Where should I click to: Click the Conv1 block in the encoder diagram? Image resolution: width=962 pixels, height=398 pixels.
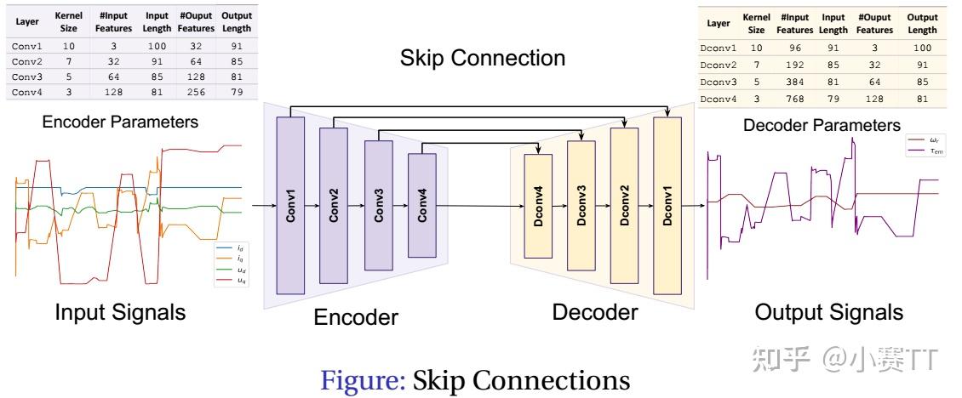pyautogui.click(x=291, y=205)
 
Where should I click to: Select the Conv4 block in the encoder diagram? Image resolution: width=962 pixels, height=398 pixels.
pyautogui.click(x=421, y=205)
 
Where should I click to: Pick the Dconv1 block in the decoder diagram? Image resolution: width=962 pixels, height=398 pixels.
pyautogui.click(x=667, y=205)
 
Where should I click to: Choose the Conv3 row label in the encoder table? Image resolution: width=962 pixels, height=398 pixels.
pyautogui.click(x=26, y=77)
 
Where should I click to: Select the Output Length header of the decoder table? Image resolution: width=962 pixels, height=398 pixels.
pyautogui.click(x=922, y=24)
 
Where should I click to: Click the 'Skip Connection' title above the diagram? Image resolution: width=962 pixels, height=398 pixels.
pyautogui.click(x=483, y=58)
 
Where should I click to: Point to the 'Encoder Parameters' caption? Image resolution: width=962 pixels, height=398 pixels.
pyautogui.click(x=120, y=122)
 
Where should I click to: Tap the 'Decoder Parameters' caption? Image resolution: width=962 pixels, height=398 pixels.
pyautogui.click(x=822, y=126)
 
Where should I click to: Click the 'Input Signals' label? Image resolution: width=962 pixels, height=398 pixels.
pyautogui.click(x=120, y=312)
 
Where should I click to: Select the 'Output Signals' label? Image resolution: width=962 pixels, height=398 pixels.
pyautogui.click(x=828, y=312)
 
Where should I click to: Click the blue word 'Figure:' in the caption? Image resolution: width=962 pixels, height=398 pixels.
pyautogui.click(x=363, y=379)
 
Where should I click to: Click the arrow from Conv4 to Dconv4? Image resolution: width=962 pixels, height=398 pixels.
pyautogui.click(x=481, y=206)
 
